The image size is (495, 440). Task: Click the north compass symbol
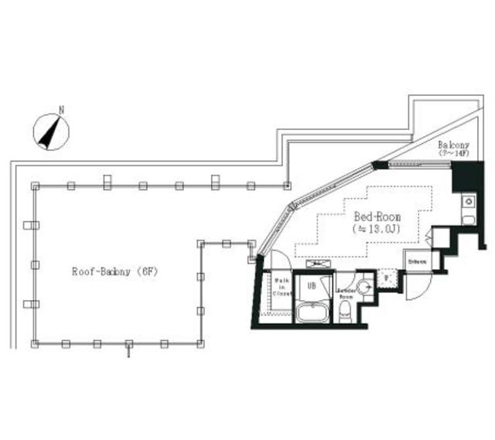pyautogui.click(x=51, y=132)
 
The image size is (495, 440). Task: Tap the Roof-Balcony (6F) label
pyautogui.click(x=114, y=272)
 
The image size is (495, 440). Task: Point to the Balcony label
pyautogui.click(x=452, y=145)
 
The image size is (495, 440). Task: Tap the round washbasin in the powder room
pyautogui.click(x=366, y=287)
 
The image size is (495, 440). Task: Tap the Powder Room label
pyautogui.click(x=346, y=292)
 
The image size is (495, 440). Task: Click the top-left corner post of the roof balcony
pyautogui.click(x=34, y=186)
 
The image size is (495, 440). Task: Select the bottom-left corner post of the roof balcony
pyautogui.click(x=34, y=343)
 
